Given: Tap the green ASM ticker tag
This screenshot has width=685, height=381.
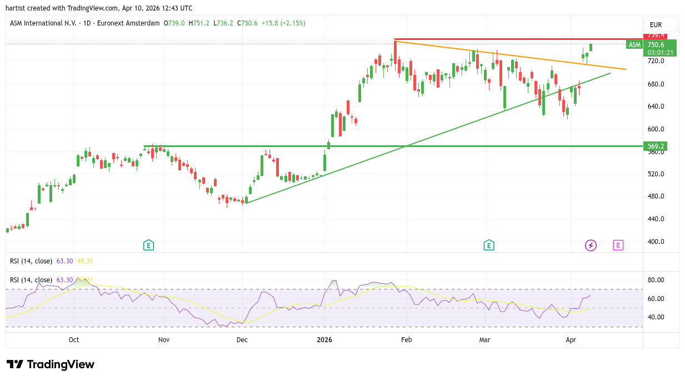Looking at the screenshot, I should [634, 44].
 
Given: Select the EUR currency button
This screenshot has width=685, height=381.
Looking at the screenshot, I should [656, 25].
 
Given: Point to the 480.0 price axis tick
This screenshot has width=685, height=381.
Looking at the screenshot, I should [656, 196].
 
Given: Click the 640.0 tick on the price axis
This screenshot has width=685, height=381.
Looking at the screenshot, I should [656, 106].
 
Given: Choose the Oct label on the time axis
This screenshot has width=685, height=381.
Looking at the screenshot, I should [74, 339].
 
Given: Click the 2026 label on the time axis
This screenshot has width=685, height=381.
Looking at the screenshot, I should [324, 339].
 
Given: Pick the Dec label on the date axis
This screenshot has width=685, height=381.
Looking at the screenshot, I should [242, 339].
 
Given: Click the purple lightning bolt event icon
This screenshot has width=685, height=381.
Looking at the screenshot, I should [591, 245].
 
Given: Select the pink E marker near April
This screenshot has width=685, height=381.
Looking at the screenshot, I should [618, 245].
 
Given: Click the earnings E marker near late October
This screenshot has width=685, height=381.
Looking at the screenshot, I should [148, 245].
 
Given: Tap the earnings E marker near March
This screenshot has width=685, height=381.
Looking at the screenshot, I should [489, 245].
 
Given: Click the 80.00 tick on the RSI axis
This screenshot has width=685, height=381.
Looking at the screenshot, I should [657, 280].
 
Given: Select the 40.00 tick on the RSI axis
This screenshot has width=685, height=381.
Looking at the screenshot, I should [657, 317].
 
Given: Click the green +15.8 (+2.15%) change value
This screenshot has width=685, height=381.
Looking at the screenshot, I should [285, 23].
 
